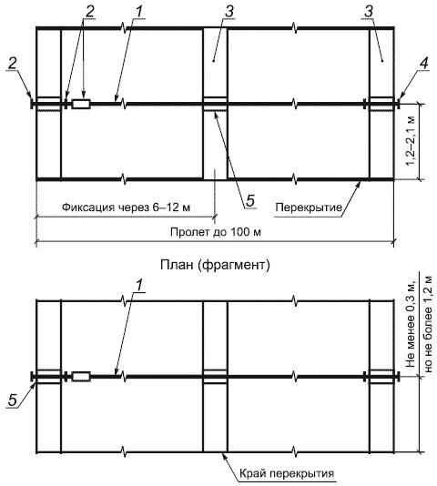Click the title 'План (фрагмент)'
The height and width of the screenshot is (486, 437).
[215, 265]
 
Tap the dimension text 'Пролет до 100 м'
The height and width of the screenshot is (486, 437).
[216, 232]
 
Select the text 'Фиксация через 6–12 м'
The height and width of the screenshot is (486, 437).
[126, 207]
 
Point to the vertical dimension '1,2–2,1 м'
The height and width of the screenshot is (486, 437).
[411, 141]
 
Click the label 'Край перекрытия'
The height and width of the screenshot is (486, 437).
[287, 473]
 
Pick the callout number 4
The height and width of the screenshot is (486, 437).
[424, 64]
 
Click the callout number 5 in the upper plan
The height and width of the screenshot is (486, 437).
[250, 200]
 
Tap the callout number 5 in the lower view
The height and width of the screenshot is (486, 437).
[13, 400]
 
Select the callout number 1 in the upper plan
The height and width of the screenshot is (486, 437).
[139, 12]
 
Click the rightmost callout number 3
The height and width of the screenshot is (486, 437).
[369, 12]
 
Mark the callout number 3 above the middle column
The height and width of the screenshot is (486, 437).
[229, 12]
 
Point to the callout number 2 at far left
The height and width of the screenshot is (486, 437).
[13, 64]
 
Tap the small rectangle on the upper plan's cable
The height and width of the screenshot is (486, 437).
[81, 104]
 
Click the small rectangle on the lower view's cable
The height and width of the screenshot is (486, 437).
[81, 377]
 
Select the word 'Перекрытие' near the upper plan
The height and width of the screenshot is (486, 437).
[309, 207]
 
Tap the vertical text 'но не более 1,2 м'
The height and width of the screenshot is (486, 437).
[428, 323]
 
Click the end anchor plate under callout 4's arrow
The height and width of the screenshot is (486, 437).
[397, 104]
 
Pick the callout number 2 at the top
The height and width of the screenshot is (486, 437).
[89, 12]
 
